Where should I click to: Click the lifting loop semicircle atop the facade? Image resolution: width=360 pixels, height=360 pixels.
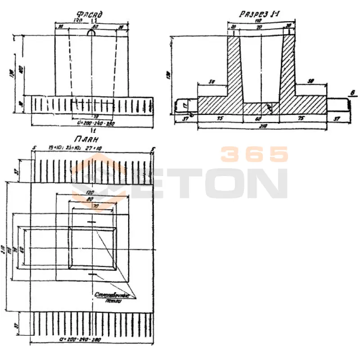pyautogui.click(x=91, y=33)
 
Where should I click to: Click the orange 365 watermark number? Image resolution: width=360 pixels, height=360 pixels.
pyautogui.click(x=254, y=154)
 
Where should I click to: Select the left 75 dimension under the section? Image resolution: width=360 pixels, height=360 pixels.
pyautogui.click(x=220, y=119)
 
